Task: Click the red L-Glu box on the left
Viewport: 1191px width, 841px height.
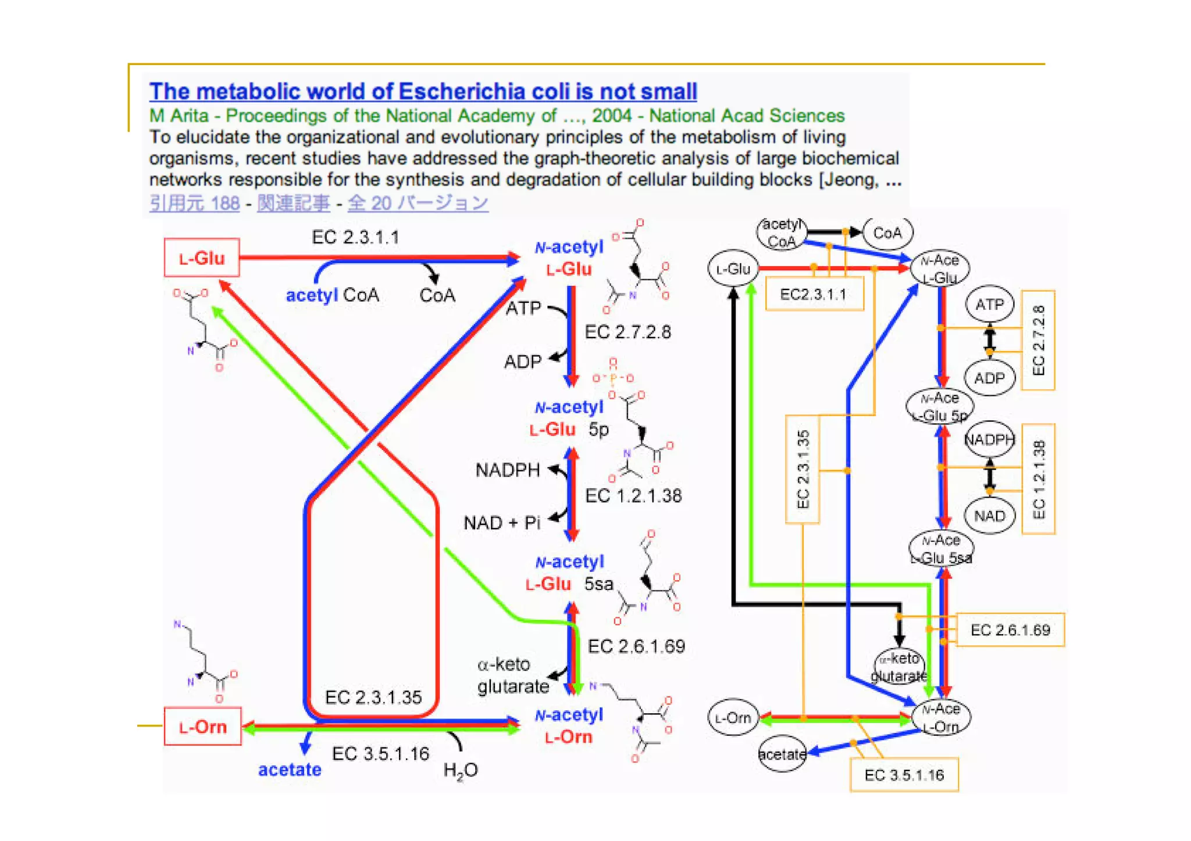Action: [x=202, y=257]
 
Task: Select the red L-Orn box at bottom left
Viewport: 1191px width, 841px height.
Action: [x=202, y=727]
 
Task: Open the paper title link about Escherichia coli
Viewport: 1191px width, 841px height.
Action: [x=423, y=91]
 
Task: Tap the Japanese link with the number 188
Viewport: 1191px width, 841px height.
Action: [x=194, y=203]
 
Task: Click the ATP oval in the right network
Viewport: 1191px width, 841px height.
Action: [x=989, y=304]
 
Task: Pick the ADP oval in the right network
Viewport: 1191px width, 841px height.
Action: [x=989, y=378]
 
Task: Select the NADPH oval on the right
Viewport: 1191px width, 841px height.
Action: [x=989, y=440]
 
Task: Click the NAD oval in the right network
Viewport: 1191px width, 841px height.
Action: [x=989, y=516]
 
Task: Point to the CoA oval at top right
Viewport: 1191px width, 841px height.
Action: [x=887, y=233]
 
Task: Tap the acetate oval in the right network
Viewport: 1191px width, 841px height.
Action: [x=782, y=754]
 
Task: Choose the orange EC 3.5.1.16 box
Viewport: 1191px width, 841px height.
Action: [x=904, y=775]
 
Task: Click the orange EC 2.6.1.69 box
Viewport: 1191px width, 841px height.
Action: [x=1010, y=630]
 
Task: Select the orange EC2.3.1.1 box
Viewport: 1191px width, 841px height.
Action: [x=814, y=294]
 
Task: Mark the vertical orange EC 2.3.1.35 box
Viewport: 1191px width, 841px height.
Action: [x=803, y=469]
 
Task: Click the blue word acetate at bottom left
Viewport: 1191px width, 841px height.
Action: [x=290, y=770]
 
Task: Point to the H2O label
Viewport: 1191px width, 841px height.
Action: [x=460, y=771]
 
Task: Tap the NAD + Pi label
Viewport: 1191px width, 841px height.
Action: [x=502, y=523]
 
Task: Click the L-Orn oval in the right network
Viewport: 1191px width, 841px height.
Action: [x=733, y=718]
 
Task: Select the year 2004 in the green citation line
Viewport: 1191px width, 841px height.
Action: [x=611, y=116]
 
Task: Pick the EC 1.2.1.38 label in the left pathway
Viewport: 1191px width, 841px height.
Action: [x=633, y=496]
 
